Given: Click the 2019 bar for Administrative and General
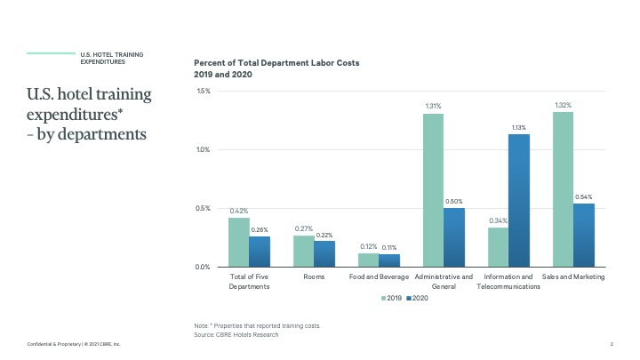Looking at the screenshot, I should [x=433, y=190].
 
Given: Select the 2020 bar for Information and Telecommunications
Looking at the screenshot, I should [x=519, y=200].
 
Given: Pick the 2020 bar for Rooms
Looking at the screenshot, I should [x=324, y=253].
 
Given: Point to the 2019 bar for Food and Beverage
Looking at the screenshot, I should [x=368, y=260].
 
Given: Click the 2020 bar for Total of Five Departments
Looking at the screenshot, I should [x=260, y=252].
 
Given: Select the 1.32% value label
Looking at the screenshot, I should [x=563, y=106].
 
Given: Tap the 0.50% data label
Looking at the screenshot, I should [x=454, y=202].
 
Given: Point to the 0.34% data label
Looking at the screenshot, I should [x=498, y=221].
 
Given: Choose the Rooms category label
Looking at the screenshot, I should [x=314, y=276].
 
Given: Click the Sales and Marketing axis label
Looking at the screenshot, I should [x=573, y=276].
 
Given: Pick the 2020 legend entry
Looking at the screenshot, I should [x=418, y=298].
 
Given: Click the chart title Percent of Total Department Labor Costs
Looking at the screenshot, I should [x=276, y=63].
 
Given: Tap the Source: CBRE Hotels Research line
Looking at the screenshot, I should [x=236, y=334].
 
